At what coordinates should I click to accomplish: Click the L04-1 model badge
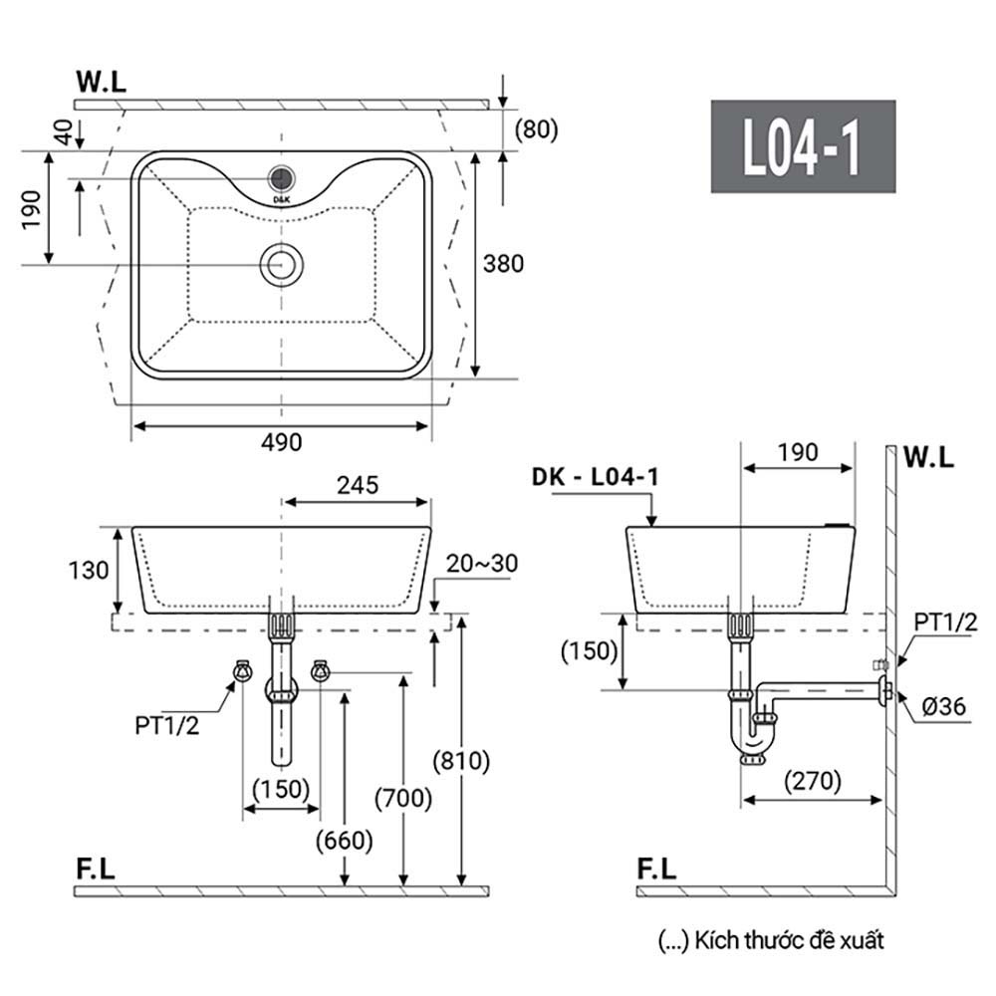803,146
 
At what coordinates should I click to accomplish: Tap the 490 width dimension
282,442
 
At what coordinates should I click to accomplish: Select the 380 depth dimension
503,264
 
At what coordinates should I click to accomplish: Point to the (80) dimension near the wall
536,128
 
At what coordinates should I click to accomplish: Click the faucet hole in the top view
282,178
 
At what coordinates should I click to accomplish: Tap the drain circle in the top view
282,264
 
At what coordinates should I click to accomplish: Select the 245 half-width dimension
358,485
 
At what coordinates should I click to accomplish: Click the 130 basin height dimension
89,571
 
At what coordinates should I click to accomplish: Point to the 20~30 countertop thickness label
481,564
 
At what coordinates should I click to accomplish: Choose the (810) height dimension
461,761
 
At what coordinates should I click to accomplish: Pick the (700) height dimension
403,799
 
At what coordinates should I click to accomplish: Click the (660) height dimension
345,841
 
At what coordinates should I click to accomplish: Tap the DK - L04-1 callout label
596,476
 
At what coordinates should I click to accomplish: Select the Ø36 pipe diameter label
943,706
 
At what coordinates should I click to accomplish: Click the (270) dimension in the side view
813,781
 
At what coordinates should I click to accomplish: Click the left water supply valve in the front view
242,670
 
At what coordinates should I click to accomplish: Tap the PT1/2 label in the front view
167,725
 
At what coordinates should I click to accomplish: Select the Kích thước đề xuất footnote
771,941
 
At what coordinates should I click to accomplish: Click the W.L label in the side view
928,457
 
